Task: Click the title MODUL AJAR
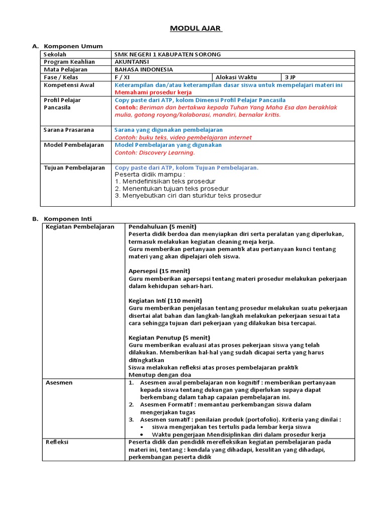[x=195, y=28]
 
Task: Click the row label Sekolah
[x=55, y=54]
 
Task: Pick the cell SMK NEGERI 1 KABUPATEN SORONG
[x=167, y=54]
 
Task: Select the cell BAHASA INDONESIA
[x=144, y=69]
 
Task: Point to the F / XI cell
[x=122, y=77]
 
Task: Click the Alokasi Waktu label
[x=236, y=77]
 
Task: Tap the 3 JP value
[x=290, y=77]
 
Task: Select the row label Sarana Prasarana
[x=69, y=130]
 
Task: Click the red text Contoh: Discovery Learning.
[x=154, y=153]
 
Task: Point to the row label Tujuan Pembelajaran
[x=74, y=167]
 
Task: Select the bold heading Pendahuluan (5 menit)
[x=162, y=226]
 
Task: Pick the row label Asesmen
[x=59, y=383]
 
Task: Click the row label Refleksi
[x=57, y=442]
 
